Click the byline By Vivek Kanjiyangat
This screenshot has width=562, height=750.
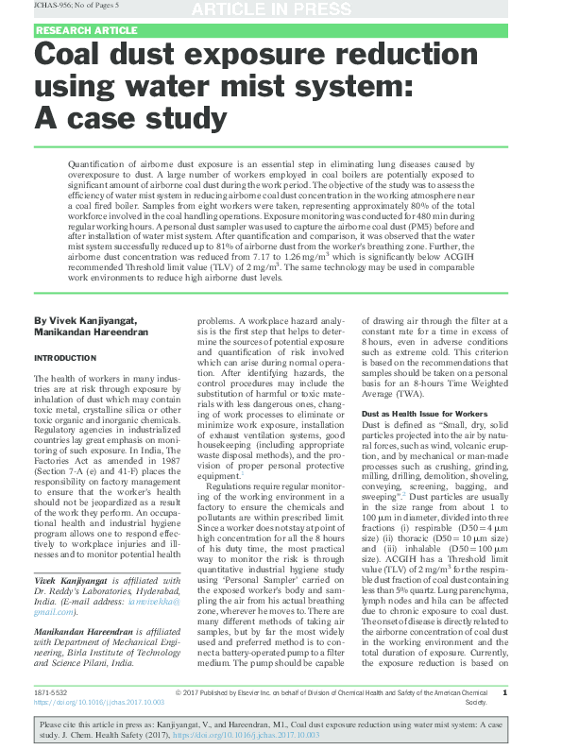pos(85,320)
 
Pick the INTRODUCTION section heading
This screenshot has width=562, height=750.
pos(65,358)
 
